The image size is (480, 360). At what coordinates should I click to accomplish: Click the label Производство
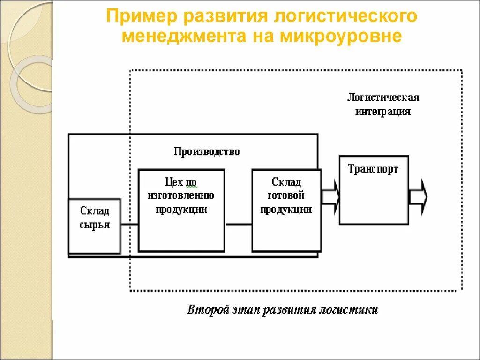pos(207,151)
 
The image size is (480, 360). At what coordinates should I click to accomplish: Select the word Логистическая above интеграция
pos(383,97)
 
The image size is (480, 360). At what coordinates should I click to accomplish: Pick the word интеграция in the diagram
pos(383,112)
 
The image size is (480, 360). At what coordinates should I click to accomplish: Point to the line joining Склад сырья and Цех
pos(129,225)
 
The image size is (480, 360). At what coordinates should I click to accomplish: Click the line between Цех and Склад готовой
pos(239,225)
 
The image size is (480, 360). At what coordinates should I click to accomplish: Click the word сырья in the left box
pos(95,225)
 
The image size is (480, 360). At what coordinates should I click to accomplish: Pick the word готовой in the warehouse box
pos(286,195)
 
